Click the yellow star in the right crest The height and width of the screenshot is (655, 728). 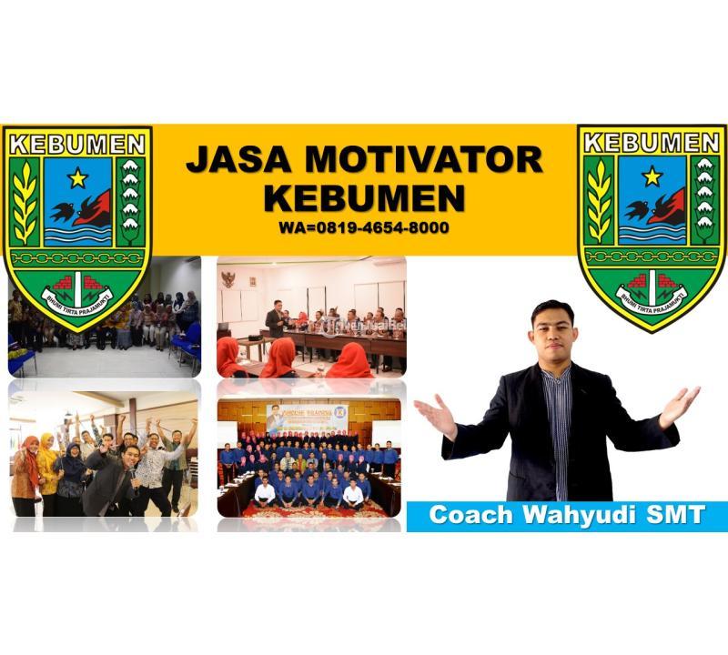(652, 176)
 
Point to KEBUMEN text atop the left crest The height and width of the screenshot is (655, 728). (77, 144)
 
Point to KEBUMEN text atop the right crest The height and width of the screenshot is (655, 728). (652, 142)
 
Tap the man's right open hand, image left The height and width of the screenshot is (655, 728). (437, 415)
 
